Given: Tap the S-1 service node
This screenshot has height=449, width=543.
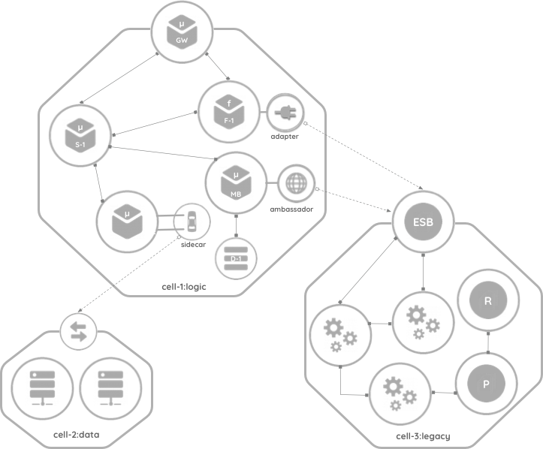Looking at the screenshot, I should point(80,135).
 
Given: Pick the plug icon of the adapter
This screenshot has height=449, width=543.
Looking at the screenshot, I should point(285,114).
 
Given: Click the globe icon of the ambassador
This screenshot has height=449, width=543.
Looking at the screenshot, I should point(295,182).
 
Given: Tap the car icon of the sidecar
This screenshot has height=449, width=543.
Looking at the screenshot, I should point(191,222).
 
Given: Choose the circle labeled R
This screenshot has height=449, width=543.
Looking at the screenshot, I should point(487,301).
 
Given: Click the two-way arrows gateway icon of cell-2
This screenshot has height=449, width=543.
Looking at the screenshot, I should point(78,331).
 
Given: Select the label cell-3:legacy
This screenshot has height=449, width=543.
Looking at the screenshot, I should point(424,437).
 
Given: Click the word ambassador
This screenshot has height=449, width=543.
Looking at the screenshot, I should point(291,209).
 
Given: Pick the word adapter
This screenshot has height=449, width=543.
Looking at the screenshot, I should point(285,137).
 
